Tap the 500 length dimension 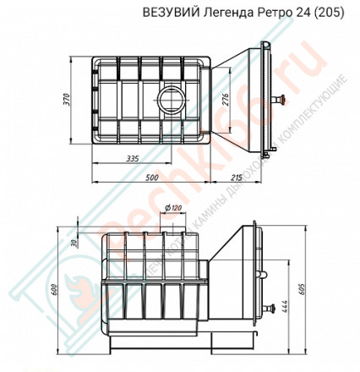(151, 179)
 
